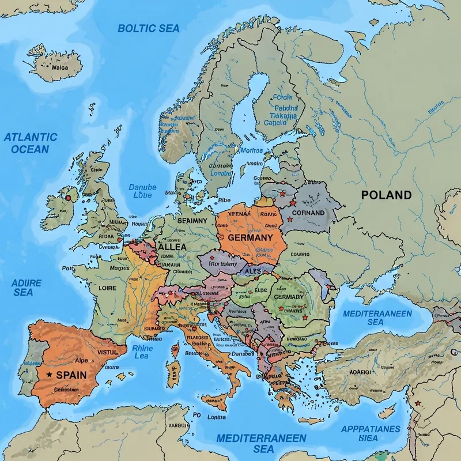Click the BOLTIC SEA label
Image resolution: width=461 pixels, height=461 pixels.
pyautogui.click(x=149, y=28)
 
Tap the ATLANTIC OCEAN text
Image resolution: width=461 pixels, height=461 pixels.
pyautogui.click(x=31, y=143)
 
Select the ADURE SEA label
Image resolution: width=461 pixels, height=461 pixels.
pyautogui.click(x=23, y=288)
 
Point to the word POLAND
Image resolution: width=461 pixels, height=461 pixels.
pyautogui.click(x=386, y=195)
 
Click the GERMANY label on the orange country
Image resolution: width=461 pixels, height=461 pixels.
pyautogui.click(x=250, y=237)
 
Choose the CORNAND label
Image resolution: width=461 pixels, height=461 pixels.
pyautogui.click(x=308, y=213)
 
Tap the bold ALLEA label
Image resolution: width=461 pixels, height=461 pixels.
pyautogui.click(x=172, y=247)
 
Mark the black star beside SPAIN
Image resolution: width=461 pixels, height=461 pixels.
pyautogui.click(x=50, y=375)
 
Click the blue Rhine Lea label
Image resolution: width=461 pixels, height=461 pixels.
pyautogui.click(x=142, y=352)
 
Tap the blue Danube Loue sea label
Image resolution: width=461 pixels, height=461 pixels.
pyautogui.click(x=142, y=191)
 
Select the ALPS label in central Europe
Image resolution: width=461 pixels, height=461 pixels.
pyautogui.click(x=252, y=271)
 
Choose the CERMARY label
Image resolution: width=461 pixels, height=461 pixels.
pyautogui.click(x=288, y=297)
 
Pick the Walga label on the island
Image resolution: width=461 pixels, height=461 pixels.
pyautogui.click(x=59, y=66)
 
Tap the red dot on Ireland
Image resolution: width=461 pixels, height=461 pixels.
pyautogui.click(x=69, y=198)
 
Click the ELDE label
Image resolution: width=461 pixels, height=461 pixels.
pyautogui.click(x=260, y=291)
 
